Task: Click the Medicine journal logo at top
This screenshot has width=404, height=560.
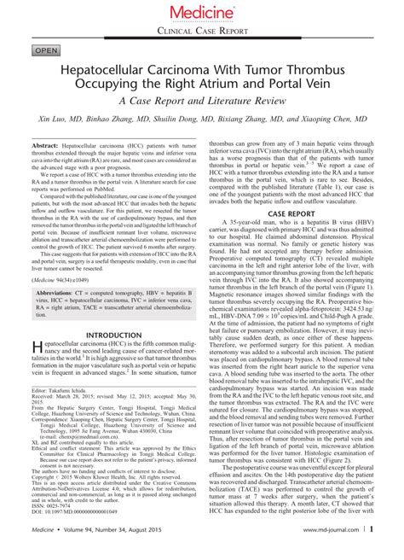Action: point(202,12)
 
